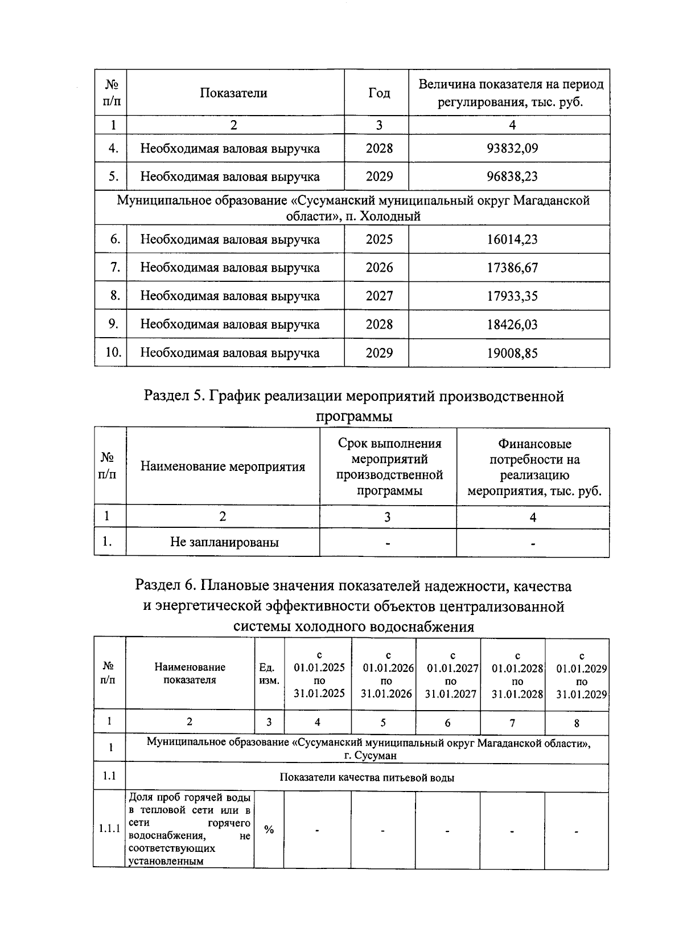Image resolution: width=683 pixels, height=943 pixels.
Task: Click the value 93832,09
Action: tap(512, 149)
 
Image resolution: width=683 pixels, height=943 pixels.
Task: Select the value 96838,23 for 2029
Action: tap(512, 177)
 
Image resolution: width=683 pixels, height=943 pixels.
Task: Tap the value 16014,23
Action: tap(512, 240)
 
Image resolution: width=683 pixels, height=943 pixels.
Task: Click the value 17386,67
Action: tap(512, 268)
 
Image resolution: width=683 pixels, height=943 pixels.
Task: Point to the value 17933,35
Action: tap(512, 296)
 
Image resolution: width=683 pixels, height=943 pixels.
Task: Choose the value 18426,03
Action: tap(512, 325)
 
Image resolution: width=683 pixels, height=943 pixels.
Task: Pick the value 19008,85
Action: tap(512, 353)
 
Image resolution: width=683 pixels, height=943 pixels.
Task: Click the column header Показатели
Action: tap(233, 93)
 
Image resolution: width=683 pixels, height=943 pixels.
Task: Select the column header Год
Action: tap(379, 93)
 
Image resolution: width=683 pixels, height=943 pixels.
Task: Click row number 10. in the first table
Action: tap(113, 352)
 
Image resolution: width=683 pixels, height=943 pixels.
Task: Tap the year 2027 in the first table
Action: tap(379, 296)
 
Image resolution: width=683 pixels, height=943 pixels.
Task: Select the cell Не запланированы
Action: tap(224, 542)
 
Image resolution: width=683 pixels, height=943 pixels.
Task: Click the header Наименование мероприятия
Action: tap(223, 467)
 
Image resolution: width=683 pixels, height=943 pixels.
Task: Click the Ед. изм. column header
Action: tap(269, 673)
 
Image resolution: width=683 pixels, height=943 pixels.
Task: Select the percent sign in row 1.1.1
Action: tap(269, 830)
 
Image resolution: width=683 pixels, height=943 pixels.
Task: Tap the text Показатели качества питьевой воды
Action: tap(367, 778)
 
